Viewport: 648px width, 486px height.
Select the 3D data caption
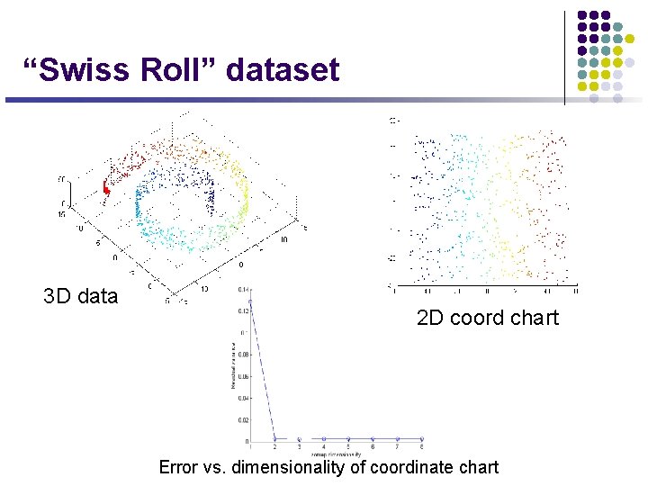(80, 296)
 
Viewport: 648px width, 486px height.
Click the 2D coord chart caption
(487, 318)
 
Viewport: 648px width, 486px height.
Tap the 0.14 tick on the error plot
(241, 290)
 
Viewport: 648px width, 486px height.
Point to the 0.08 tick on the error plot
(241, 354)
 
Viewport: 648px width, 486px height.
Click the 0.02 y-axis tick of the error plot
(241, 419)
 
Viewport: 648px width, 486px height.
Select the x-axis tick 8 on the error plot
(421, 447)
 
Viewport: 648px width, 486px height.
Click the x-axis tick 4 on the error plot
(323, 447)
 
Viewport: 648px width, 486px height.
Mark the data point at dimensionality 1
(251, 300)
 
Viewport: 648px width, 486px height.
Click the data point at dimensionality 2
(274, 439)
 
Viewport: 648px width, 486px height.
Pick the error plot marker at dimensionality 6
(373, 439)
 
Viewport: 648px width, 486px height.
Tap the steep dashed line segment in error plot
(263, 369)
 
